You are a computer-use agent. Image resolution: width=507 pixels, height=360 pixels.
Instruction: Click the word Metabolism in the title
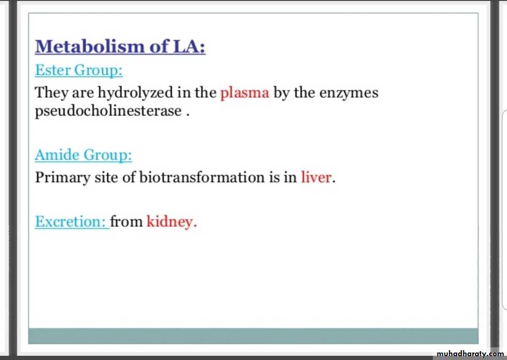click(90, 46)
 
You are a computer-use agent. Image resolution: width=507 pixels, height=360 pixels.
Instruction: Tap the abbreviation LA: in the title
click(189, 46)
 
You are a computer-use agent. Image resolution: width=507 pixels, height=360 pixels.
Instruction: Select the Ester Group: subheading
click(79, 70)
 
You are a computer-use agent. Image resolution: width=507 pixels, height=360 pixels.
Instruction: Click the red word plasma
click(245, 93)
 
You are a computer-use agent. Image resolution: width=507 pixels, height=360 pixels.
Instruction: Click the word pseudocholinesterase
click(108, 111)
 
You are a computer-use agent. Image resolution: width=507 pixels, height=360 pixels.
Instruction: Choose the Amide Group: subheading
click(84, 155)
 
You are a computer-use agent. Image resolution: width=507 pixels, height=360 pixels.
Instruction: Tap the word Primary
click(63, 177)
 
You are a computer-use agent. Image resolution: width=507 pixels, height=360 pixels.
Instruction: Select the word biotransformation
click(202, 177)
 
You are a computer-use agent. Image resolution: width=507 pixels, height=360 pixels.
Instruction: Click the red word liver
click(316, 177)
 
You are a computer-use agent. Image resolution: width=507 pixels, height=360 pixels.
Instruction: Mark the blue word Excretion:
click(70, 222)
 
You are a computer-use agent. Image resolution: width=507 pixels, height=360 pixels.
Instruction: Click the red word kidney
click(170, 222)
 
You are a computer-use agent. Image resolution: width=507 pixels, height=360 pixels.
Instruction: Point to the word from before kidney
click(126, 222)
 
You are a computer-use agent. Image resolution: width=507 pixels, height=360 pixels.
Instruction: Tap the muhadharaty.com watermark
click(470, 354)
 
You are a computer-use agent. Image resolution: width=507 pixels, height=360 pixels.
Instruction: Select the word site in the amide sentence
click(106, 177)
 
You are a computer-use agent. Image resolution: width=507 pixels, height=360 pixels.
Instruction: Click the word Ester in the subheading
click(53, 70)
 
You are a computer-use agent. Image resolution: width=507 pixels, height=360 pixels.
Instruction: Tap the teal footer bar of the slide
click(253, 336)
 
